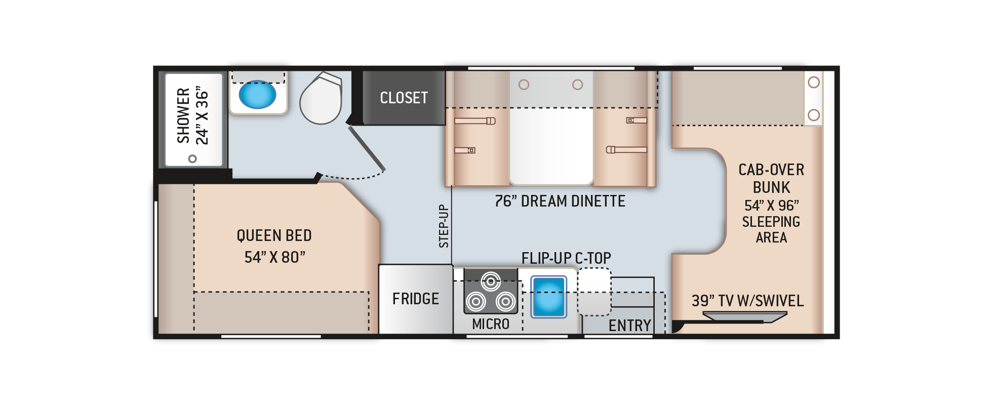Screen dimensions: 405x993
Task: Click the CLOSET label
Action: click(404, 98)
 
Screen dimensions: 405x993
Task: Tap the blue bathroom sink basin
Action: click(257, 95)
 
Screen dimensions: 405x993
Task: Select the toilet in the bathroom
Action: click(321, 99)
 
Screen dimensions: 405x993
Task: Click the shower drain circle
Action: click(192, 158)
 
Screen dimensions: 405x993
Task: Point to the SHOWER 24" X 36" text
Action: click(192, 116)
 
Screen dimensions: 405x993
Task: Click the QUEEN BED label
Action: click(274, 235)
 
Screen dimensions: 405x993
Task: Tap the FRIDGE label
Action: click(415, 299)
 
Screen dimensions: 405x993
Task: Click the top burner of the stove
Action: click(491, 281)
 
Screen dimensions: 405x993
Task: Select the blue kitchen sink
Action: click(548, 297)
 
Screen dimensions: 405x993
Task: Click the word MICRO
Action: click(490, 324)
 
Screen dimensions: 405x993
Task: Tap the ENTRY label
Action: click(629, 326)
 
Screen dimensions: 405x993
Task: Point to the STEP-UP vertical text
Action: click(444, 226)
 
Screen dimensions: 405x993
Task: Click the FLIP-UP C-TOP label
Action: click(566, 258)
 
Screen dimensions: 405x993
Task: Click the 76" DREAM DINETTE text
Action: click(560, 201)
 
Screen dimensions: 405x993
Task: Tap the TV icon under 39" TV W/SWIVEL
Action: click(744, 317)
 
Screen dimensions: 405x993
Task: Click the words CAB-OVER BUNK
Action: click(771, 178)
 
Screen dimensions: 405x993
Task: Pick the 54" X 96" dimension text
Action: click(771, 206)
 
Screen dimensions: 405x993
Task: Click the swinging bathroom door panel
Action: click(367, 148)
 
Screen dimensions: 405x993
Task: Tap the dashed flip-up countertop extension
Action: click(594, 292)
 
